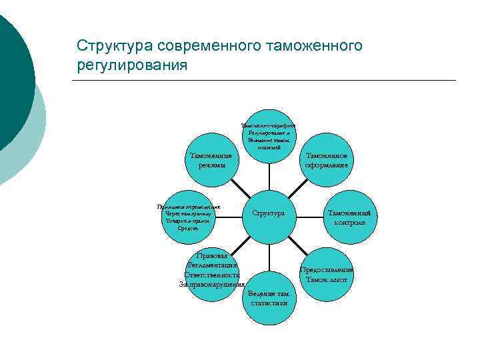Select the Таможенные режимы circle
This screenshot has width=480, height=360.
pyautogui.click(x=207, y=160)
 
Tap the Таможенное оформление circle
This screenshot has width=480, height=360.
pyautogui.click(x=327, y=160)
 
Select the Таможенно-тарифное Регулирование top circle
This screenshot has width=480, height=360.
pyautogui.click(x=269, y=136)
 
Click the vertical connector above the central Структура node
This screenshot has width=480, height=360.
pyautogui.click(x=269, y=175)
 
